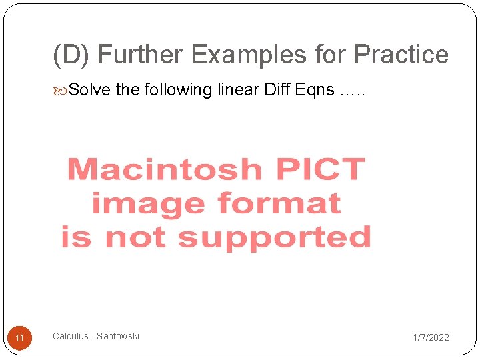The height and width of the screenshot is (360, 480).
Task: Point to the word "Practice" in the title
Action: coord(401,55)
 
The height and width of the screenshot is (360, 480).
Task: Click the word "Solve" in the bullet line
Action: coord(90,89)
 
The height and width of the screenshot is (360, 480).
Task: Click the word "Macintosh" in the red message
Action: coord(164,169)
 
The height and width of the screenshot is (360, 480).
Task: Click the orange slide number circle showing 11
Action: coord(19,338)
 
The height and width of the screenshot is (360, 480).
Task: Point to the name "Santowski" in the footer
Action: coord(118,336)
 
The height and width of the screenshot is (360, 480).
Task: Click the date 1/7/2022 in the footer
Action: coord(431,337)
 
